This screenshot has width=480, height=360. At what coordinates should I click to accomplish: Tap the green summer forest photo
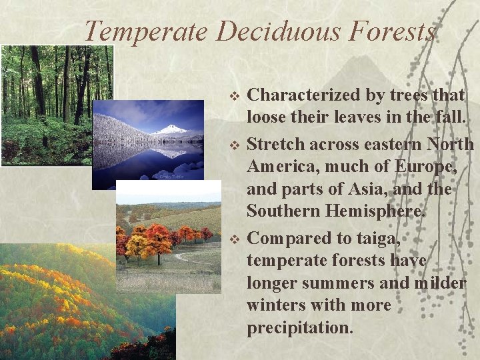click(47, 100)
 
